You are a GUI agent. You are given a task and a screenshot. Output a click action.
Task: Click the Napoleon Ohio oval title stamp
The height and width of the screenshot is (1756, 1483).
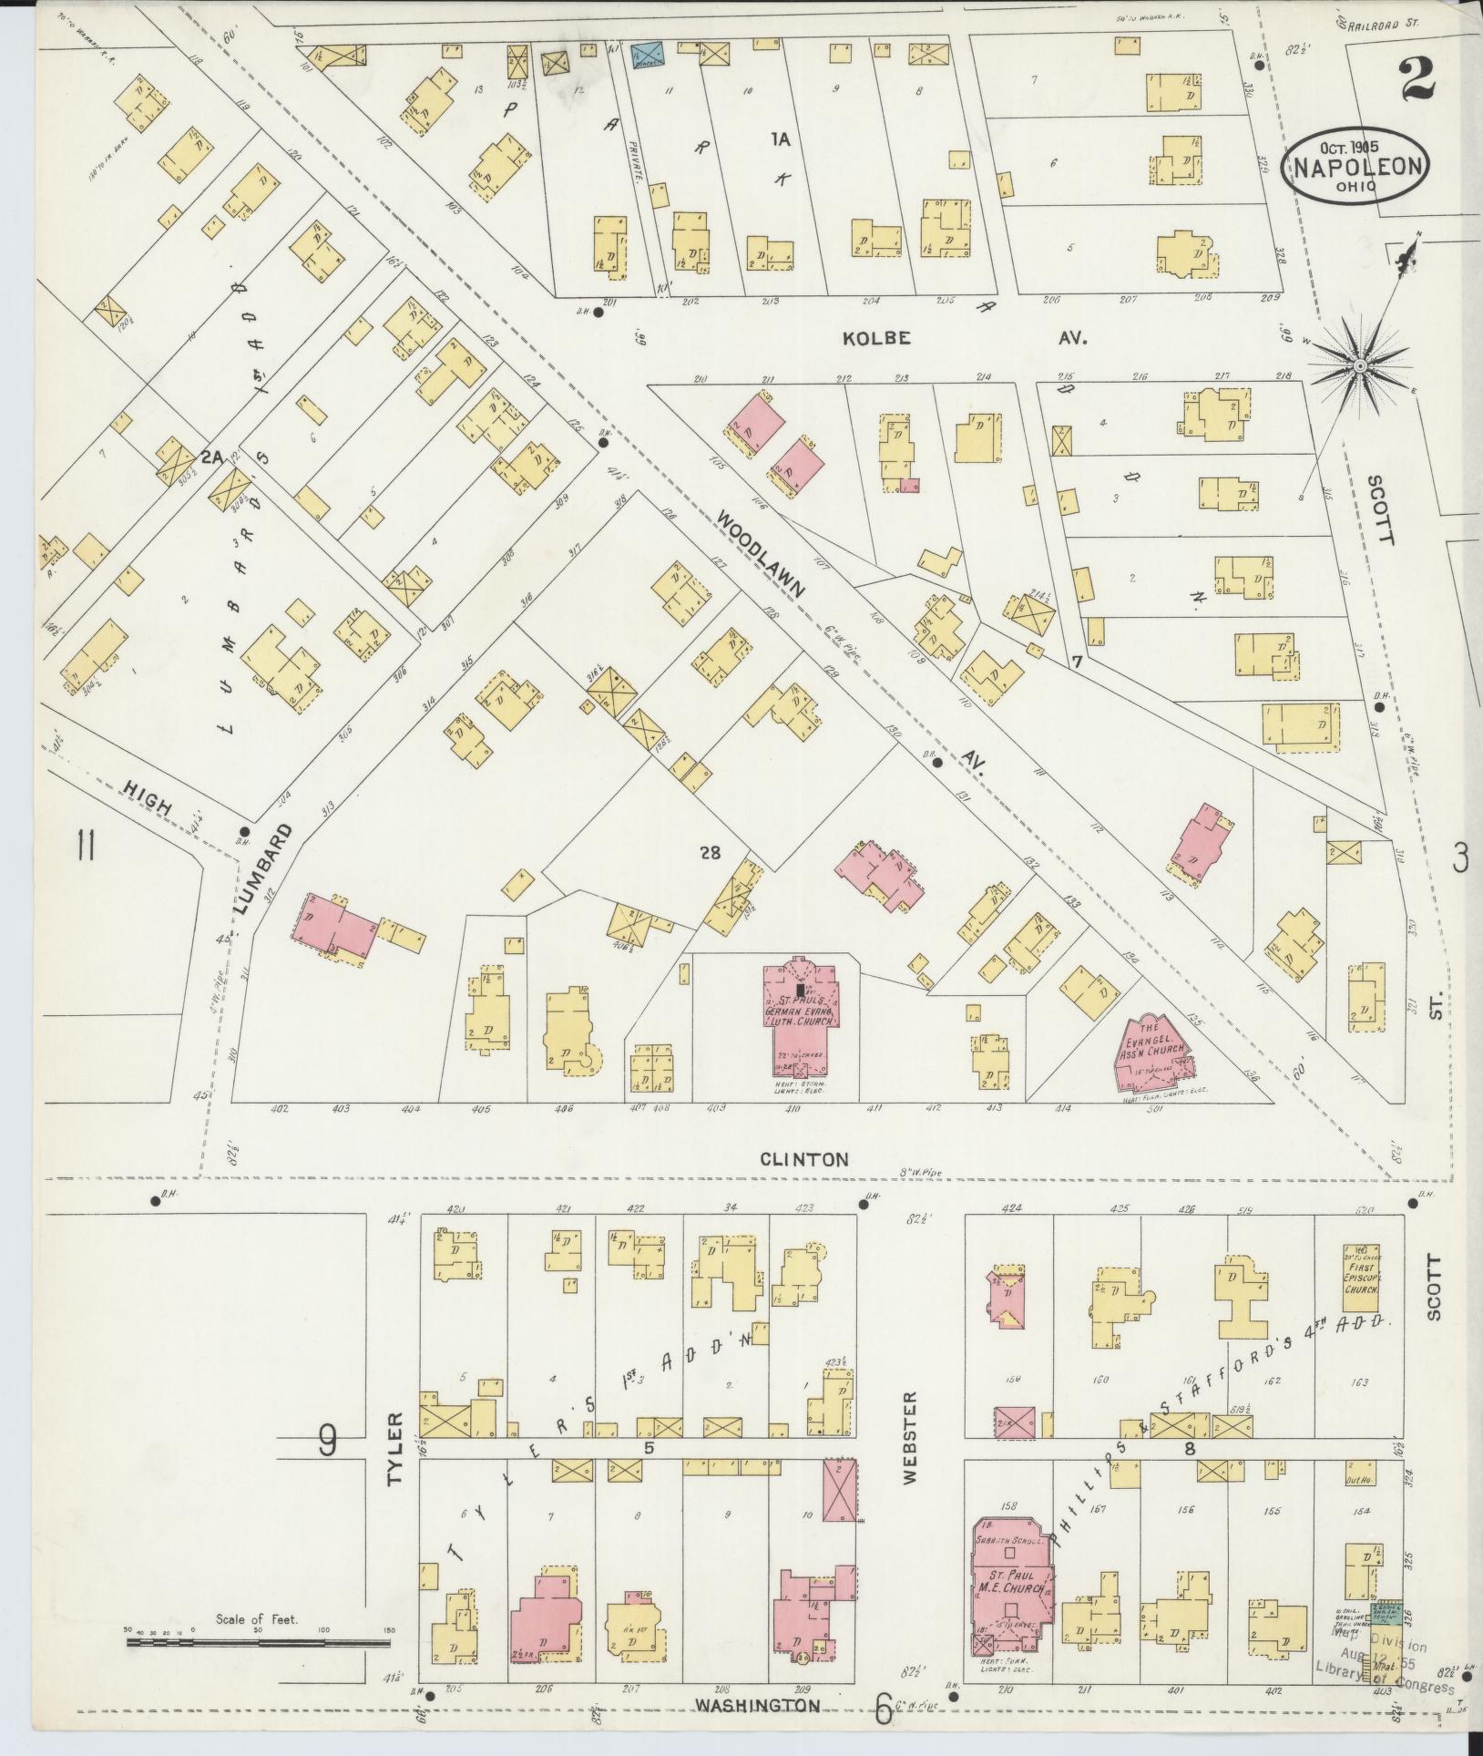(x=1355, y=166)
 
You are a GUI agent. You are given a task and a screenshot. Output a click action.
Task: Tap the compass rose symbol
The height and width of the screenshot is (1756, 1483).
(x=1359, y=365)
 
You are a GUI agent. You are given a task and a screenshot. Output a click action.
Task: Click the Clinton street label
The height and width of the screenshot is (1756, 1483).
(x=804, y=1160)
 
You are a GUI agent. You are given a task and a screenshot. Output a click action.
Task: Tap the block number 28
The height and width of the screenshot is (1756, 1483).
(x=710, y=853)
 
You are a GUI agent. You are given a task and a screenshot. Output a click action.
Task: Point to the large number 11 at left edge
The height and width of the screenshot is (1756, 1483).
(x=87, y=847)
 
